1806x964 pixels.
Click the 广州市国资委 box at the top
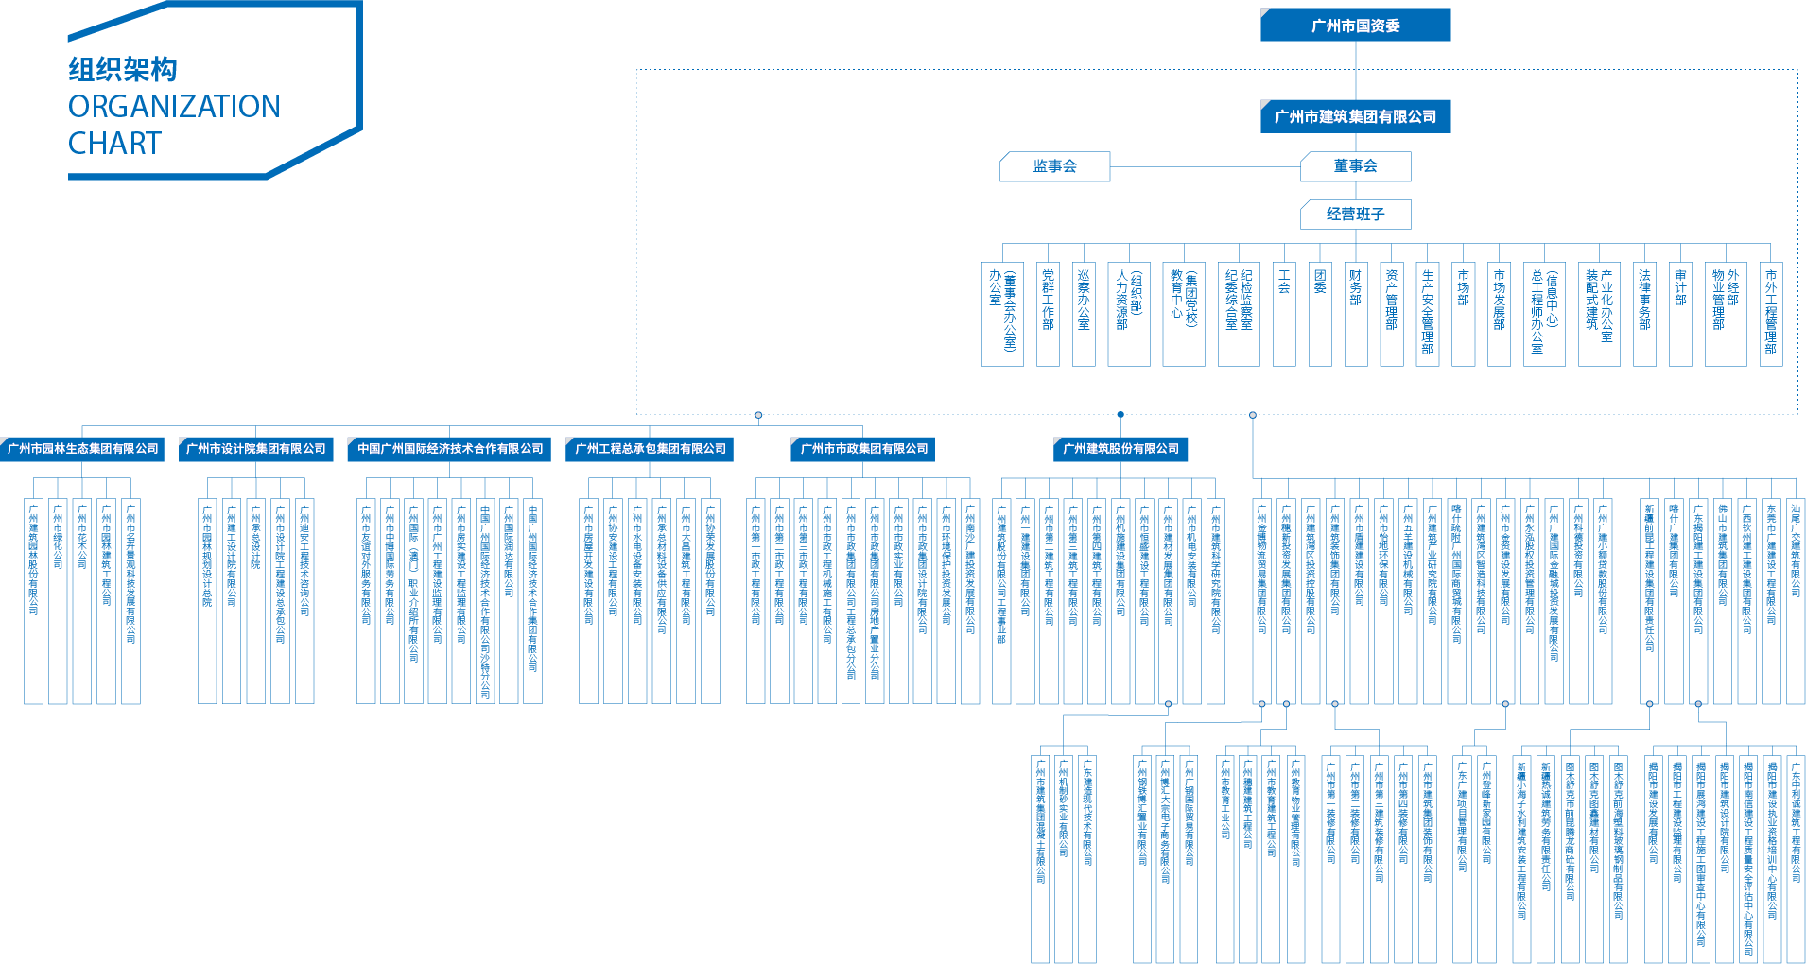click(x=1355, y=26)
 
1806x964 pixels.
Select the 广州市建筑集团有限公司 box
click(x=1355, y=116)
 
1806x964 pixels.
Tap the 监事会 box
click(x=1055, y=166)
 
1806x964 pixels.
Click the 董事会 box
click(x=1355, y=166)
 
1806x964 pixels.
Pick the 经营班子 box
click(x=1355, y=215)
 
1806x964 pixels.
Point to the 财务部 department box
click(x=1356, y=314)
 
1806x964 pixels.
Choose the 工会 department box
click(x=1284, y=314)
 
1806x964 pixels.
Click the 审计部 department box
click(x=1680, y=314)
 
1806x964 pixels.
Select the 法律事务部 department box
click(x=1644, y=314)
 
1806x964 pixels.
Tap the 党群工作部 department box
click(x=1048, y=314)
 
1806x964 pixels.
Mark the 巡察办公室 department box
click(x=1084, y=314)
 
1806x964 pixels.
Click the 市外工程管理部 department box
click(x=1770, y=314)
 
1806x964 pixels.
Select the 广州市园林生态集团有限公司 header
click(x=82, y=449)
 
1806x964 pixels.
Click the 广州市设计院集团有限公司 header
click(x=255, y=449)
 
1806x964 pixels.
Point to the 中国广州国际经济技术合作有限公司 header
click(x=450, y=449)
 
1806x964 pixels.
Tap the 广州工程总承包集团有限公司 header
click(x=651, y=449)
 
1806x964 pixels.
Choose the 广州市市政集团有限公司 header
click(x=863, y=449)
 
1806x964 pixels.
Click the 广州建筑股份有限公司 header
click(x=1120, y=449)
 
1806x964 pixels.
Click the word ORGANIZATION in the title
click(x=174, y=107)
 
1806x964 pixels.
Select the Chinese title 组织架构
click(x=123, y=70)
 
